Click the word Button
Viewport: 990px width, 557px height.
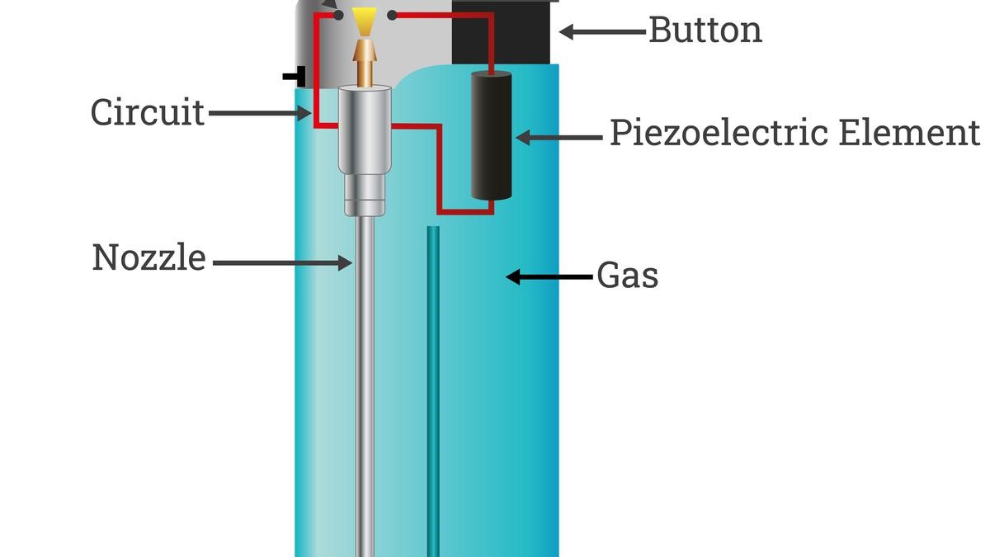(705, 30)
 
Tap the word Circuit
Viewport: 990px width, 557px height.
(148, 112)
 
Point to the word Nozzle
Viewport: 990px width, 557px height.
(148, 257)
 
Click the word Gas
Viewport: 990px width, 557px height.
(628, 276)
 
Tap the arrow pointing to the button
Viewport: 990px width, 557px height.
(601, 31)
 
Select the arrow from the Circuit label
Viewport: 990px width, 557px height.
(256, 113)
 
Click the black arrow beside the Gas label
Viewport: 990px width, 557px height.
(548, 277)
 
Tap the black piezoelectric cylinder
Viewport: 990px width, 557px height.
(492, 136)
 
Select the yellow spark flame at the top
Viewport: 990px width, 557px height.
(362, 20)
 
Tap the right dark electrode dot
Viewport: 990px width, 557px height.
(392, 14)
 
